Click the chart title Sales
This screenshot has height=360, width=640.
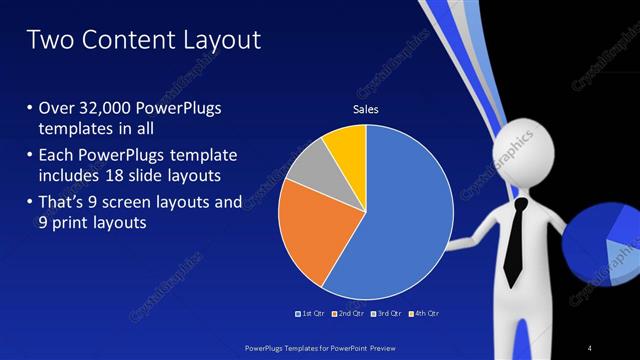[366, 109]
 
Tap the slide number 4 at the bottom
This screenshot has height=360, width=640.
[590, 347]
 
